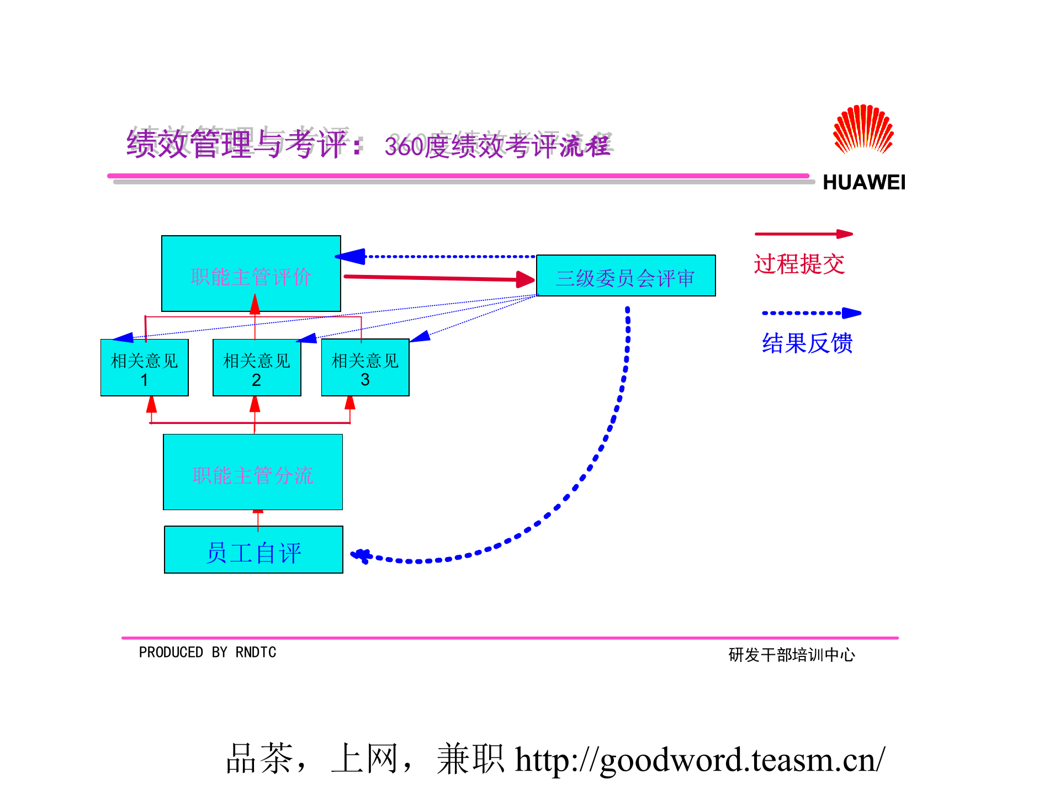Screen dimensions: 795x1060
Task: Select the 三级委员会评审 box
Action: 626,276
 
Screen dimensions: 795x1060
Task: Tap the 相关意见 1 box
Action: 145,368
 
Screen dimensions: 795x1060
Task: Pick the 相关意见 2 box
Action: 257,368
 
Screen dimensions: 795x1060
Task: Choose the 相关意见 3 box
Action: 365,368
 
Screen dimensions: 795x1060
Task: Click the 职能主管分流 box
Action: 253,473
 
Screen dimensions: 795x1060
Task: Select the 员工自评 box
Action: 253,550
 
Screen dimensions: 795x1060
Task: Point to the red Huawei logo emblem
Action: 863,129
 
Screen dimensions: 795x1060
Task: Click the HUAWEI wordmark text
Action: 863,183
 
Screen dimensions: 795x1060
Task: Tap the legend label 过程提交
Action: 799,264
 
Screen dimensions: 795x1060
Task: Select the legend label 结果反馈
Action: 807,343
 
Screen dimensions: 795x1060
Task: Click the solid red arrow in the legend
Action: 803,234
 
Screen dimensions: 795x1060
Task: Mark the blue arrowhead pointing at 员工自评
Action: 361,555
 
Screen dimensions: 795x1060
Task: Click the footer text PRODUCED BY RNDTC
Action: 207,653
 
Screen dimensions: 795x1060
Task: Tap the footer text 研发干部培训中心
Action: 792,655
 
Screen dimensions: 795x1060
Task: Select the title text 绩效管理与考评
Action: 238,144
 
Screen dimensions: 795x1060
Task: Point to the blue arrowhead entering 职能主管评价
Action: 351,256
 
